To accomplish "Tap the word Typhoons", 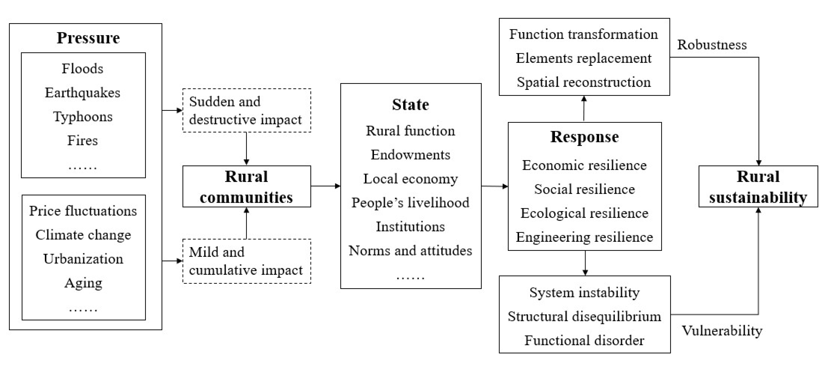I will (83, 117).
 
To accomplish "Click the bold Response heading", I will (584, 137).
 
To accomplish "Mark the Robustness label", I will (712, 45).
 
